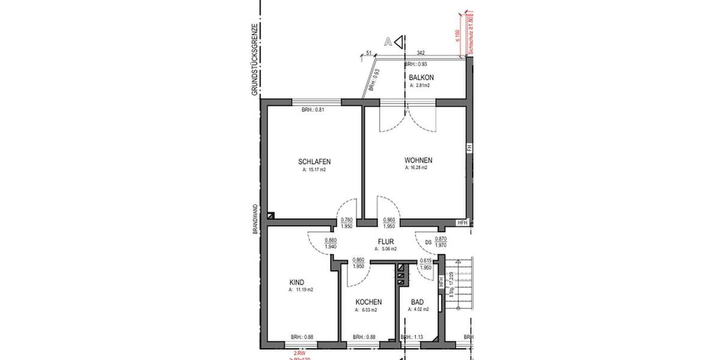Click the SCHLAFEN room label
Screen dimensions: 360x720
coord(314,161)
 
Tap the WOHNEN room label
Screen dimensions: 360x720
coord(418,160)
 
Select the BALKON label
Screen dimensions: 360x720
coord(421,78)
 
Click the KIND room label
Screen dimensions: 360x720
coord(296,283)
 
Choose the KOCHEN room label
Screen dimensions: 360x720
coord(368,302)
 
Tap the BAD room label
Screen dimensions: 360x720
coord(417,302)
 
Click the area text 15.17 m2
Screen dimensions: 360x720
coord(314,170)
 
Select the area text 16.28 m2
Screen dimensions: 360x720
coord(416,168)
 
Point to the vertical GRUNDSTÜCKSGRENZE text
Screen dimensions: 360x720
coord(255,60)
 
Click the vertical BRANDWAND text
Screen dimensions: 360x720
coord(255,218)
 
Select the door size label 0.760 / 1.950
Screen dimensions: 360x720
coord(347,223)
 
